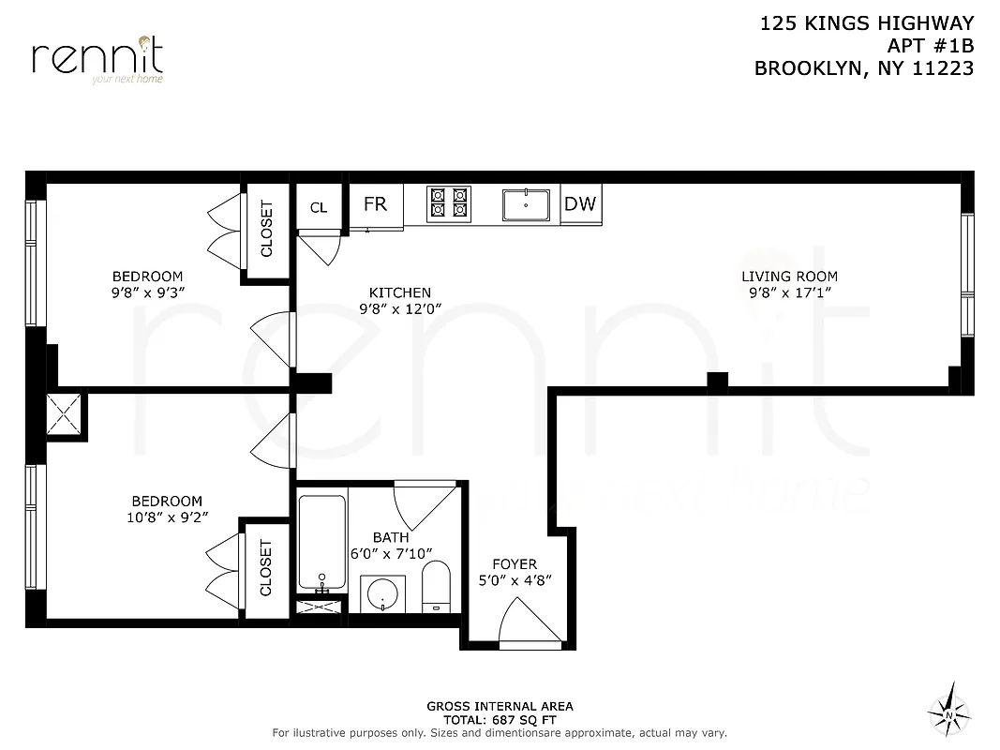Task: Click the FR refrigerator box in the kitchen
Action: pyautogui.click(x=375, y=204)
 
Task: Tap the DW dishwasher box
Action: pyautogui.click(x=580, y=203)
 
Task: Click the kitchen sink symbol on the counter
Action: pyautogui.click(x=526, y=203)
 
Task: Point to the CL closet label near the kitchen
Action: pyautogui.click(x=319, y=207)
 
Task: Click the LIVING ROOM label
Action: pyautogui.click(x=789, y=277)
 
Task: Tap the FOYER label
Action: pyautogui.click(x=515, y=564)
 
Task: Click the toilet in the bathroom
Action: pyautogui.click(x=437, y=586)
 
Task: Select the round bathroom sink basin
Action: pyautogui.click(x=382, y=594)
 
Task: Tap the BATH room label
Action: pyautogui.click(x=390, y=538)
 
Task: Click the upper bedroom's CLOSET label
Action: pyautogui.click(x=266, y=230)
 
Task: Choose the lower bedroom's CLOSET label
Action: pyautogui.click(x=265, y=568)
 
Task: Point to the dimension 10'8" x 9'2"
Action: pyautogui.click(x=166, y=517)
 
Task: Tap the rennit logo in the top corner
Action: pyautogui.click(x=97, y=58)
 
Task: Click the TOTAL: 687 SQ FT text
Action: pyautogui.click(x=499, y=719)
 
